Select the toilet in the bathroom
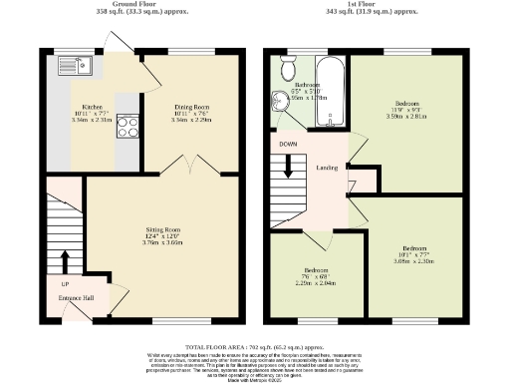[289, 67]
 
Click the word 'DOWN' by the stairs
[289, 143]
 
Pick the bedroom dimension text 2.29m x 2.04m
[315, 282]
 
